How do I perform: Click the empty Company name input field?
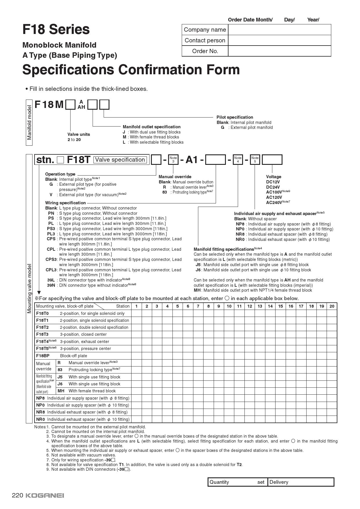[279, 30]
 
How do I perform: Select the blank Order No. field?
[279, 51]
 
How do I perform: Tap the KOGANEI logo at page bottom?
[45, 495]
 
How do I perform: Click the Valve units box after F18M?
[70, 104]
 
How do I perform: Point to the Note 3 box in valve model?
[173, 160]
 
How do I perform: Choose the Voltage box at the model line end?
[272, 160]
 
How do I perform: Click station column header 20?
[332, 306]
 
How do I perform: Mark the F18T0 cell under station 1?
[136, 313]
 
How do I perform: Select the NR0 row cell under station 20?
[332, 419]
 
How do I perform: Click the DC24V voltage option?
[273, 187]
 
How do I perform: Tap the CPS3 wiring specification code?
[51, 259]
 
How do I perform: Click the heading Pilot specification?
[235, 117]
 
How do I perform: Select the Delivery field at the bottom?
[300, 482]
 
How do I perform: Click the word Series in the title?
[69, 29]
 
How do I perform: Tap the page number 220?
[17, 495]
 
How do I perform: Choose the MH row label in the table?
[61, 391]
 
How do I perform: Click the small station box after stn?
[60, 160]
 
